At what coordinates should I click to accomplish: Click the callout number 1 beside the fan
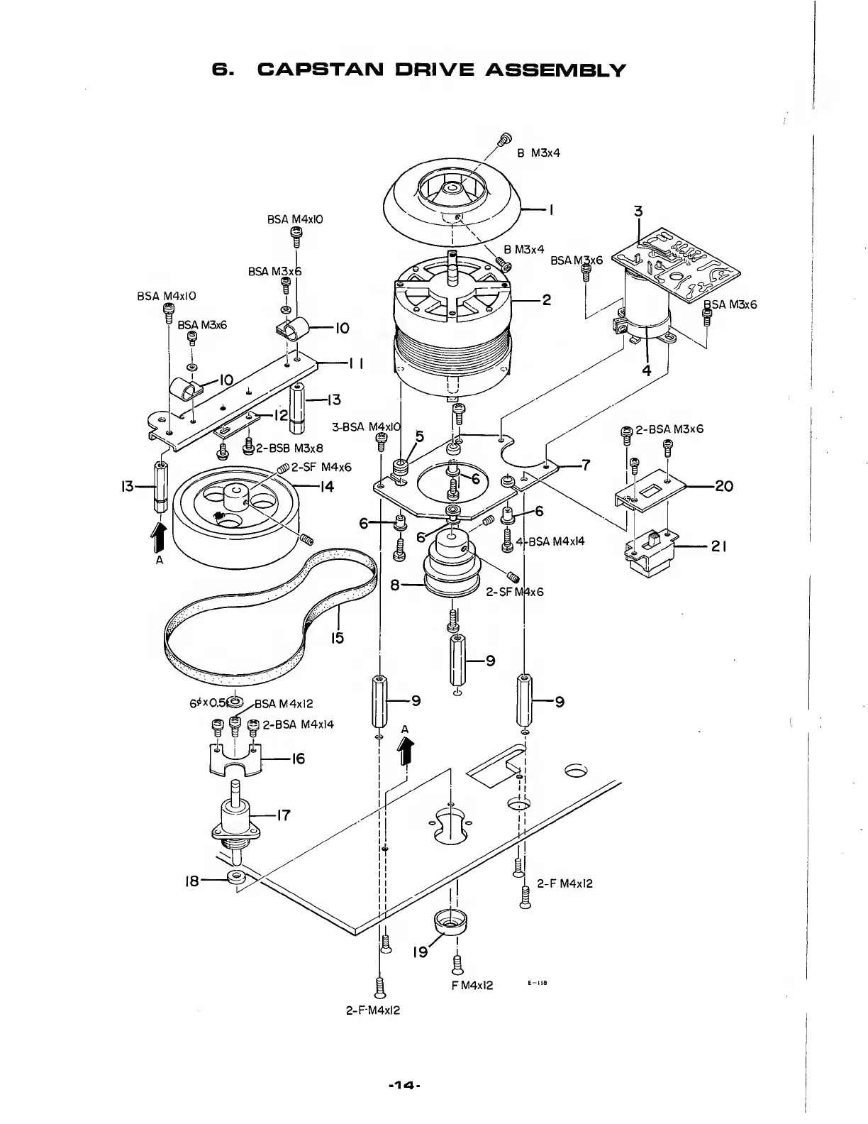(x=551, y=209)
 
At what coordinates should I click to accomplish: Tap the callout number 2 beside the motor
(x=546, y=299)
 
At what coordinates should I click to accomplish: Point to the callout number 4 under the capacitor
(x=646, y=369)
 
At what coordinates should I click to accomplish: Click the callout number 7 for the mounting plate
(x=586, y=465)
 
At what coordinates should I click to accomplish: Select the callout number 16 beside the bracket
(x=299, y=759)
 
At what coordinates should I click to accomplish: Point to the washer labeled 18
(x=235, y=878)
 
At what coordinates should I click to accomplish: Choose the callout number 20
(x=724, y=486)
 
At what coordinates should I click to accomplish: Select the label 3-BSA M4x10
(x=366, y=427)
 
